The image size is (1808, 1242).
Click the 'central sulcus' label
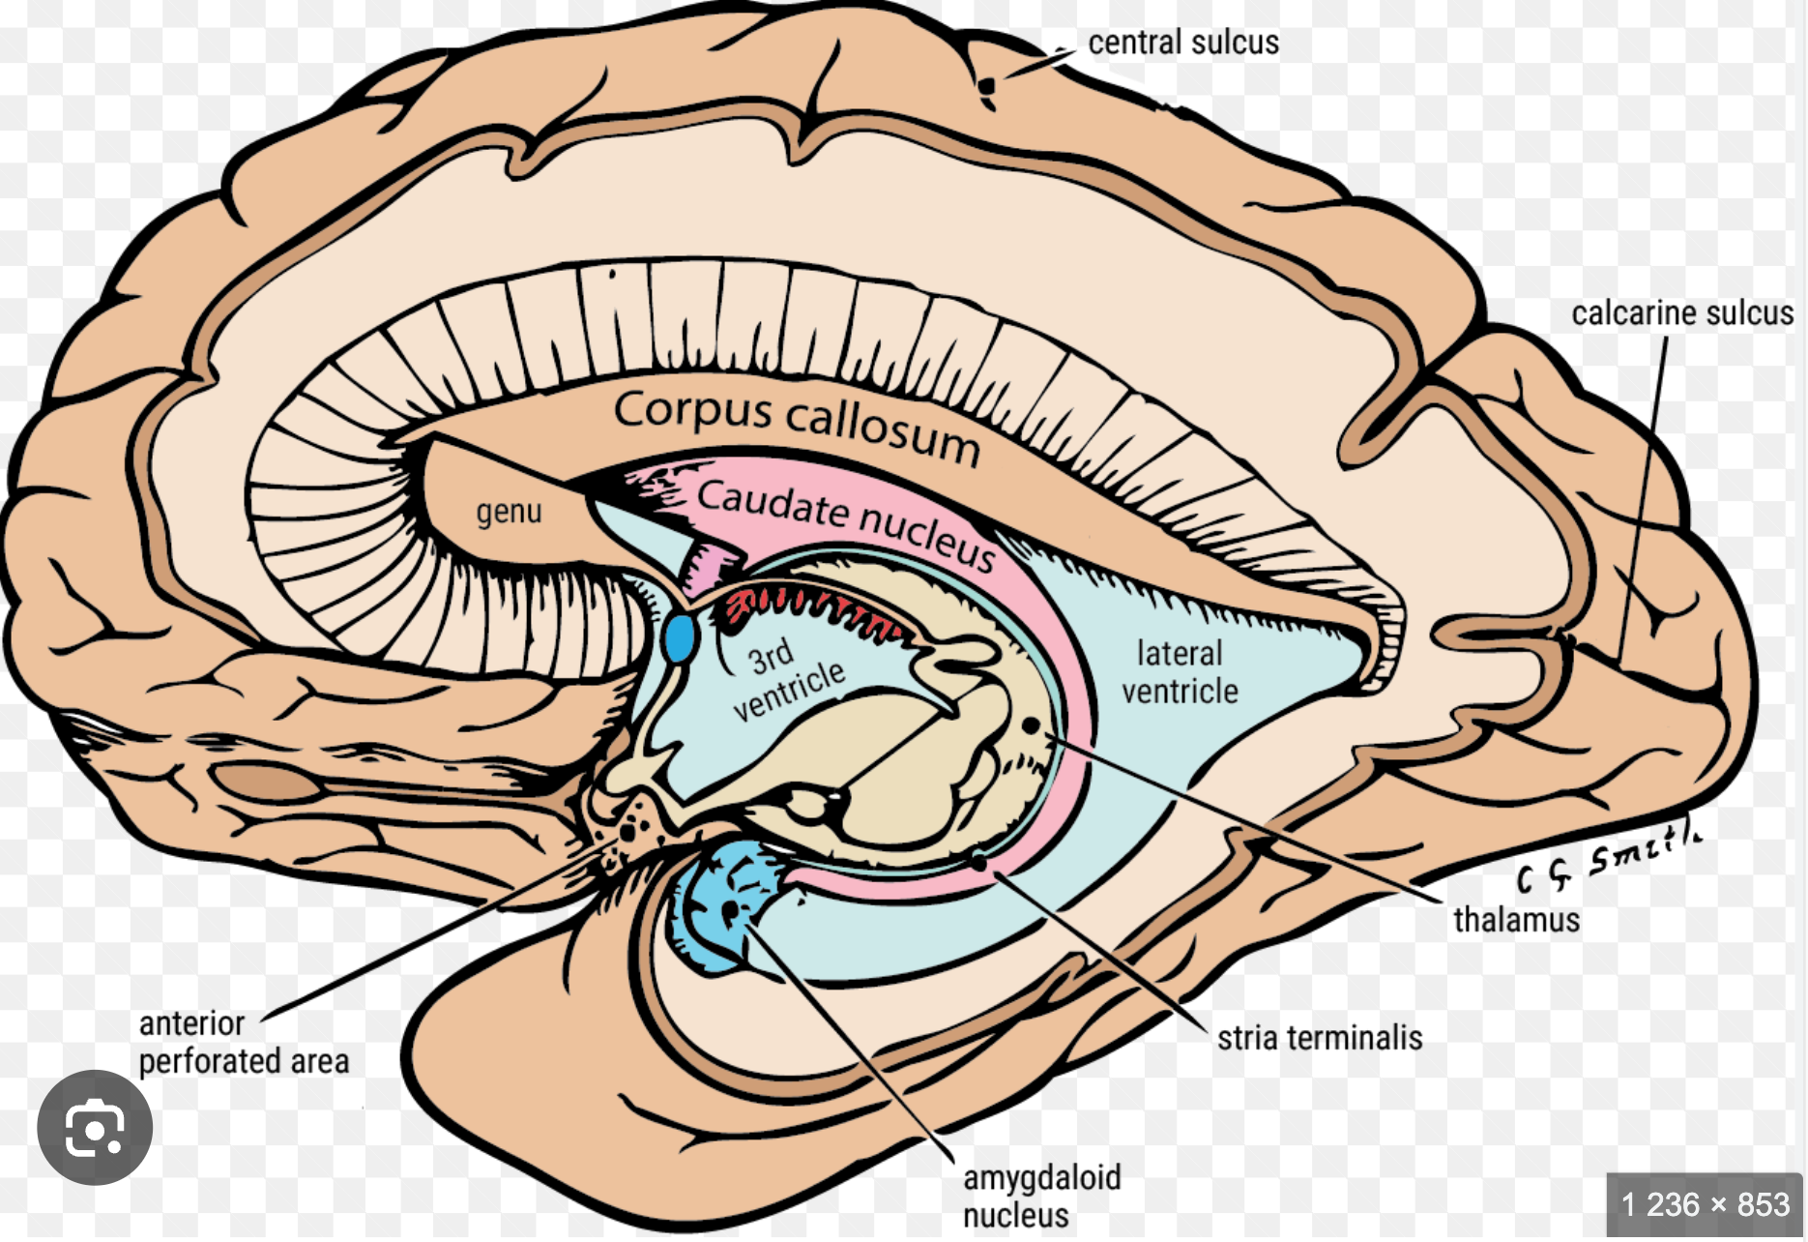[x=1182, y=43]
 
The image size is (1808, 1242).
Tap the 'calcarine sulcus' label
[x=1681, y=313]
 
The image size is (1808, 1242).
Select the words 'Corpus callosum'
[x=797, y=426]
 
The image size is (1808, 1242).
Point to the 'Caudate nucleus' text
[x=846, y=523]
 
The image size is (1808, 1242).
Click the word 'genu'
[x=509, y=511]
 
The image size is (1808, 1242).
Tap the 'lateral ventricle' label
[x=1180, y=672]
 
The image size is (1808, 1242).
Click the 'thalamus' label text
[x=1516, y=920]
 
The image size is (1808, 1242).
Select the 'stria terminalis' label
[x=1320, y=1039]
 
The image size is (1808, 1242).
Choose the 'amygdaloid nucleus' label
[x=1041, y=1196]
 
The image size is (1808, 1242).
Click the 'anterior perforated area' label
[x=244, y=1043]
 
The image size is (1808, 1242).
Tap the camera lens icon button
[x=95, y=1128]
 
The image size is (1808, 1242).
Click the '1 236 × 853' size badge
[x=1705, y=1205]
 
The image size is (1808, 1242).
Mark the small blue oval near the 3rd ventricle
[x=680, y=637]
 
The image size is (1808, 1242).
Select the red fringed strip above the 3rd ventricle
[x=812, y=609]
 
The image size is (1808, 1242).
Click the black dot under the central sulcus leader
[x=986, y=87]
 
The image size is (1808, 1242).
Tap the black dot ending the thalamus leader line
[x=1031, y=724]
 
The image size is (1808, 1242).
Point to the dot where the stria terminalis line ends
[x=978, y=860]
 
